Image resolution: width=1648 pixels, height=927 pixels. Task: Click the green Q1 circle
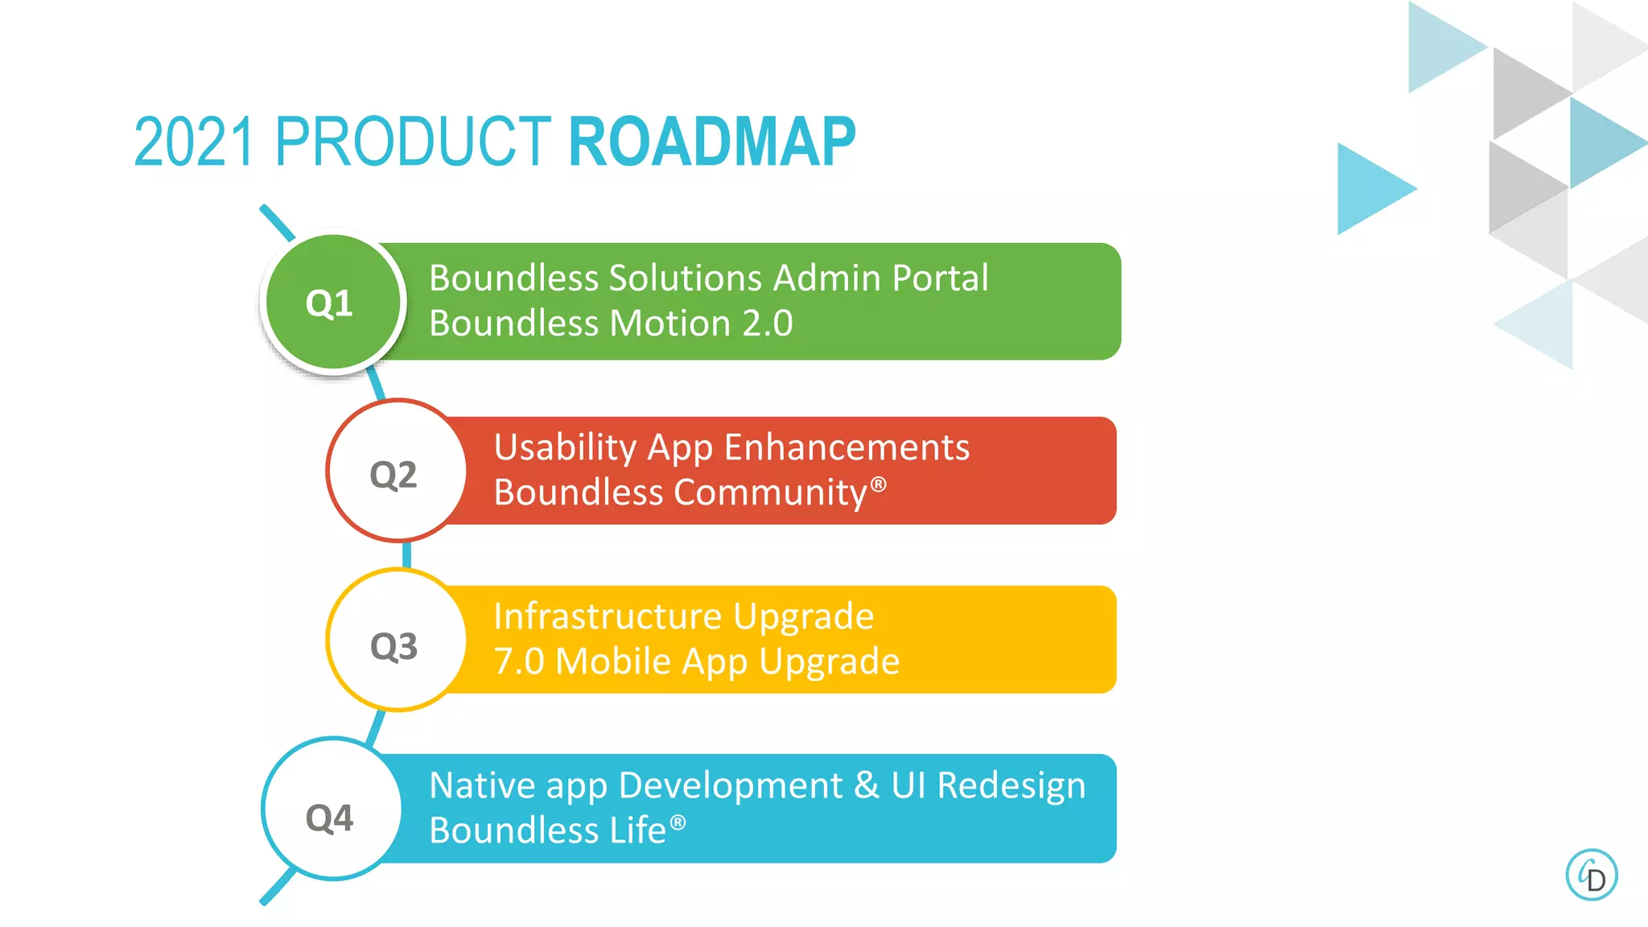[333, 303]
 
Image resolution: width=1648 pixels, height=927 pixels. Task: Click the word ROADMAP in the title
[711, 142]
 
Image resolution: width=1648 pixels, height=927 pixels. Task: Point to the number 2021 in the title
[195, 142]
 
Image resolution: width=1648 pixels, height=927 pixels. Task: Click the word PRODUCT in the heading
[412, 142]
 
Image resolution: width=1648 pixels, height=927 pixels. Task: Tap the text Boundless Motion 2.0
[611, 323]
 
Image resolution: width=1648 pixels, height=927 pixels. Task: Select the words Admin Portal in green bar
[880, 278]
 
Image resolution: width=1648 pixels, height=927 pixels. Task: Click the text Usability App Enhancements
[731, 447]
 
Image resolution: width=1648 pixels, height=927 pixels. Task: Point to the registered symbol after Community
[879, 484]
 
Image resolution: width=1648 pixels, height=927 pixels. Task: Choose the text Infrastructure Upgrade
[683, 617]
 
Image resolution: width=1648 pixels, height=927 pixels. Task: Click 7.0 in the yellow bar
[519, 661]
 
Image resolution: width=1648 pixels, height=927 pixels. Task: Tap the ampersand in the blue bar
[866, 785]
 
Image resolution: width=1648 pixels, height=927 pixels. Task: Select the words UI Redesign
[988, 785]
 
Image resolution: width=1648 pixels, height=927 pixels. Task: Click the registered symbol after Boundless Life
[678, 822]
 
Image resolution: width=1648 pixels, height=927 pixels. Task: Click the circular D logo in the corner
[1591, 875]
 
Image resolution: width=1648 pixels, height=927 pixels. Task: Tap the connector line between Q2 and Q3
[406, 554]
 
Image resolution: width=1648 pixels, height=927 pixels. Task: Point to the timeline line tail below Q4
[275, 890]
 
